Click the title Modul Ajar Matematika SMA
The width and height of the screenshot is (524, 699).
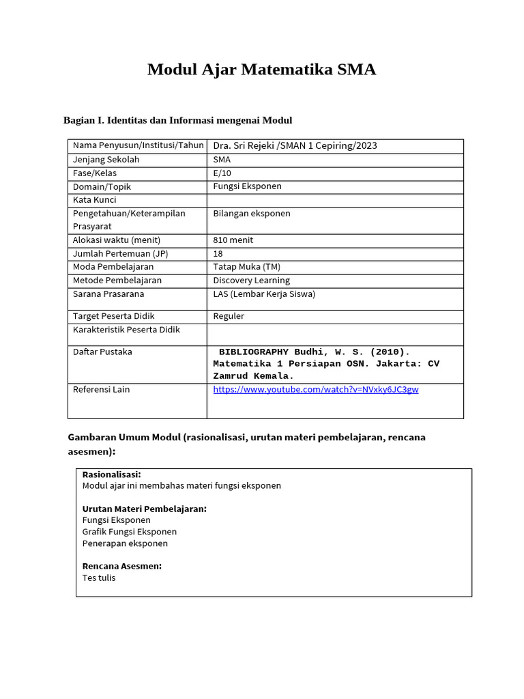(x=261, y=70)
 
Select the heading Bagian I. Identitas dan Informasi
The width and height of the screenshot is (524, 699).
(x=177, y=121)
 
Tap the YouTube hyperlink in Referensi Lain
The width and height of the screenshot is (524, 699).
(x=315, y=389)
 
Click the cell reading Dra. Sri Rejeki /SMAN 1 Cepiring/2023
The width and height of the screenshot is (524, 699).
(x=295, y=145)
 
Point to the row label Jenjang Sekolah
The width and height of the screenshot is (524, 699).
(x=106, y=159)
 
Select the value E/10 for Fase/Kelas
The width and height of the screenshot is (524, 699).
(x=222, y=173)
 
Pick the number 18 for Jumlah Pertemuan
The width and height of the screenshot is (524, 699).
(x=218, y=253)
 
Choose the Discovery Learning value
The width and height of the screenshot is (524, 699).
(x=251, y=280)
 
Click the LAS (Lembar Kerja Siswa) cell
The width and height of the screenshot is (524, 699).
(x=264, y=294)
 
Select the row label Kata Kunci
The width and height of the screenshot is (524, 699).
(x=94, y=199)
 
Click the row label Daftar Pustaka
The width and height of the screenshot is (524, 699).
(x=102, y=352)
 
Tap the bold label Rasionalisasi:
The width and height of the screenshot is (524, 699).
(x=111, y=474)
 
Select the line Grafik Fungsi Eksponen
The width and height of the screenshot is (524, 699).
(x=129, y=531)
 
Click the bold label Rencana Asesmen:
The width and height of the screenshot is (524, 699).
(x=121, y=566)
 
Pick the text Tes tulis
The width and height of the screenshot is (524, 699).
(x=99, y=577)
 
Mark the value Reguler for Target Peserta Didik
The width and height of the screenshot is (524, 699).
(x=229, y=316)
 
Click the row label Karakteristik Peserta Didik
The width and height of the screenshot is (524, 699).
(x=126, y=330)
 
